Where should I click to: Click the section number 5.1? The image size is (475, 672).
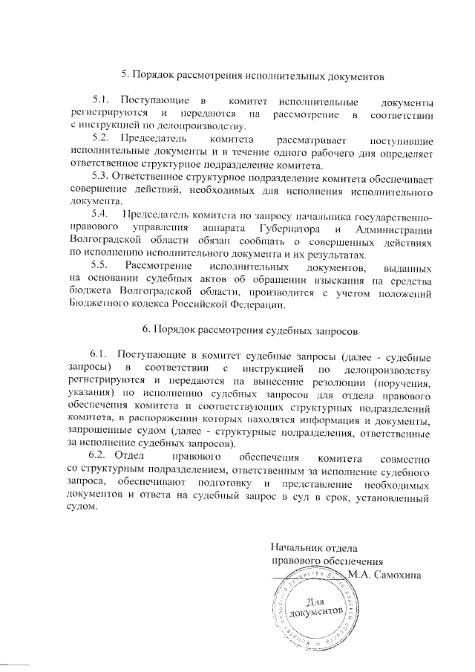click(100, 100)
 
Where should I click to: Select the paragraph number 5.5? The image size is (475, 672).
click(100, 266)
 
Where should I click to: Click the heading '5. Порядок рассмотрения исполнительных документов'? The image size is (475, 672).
click(254, 75)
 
